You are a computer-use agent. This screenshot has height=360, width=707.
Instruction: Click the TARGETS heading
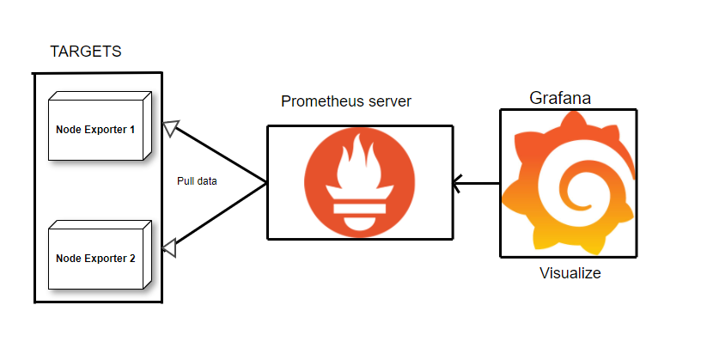[86, 52]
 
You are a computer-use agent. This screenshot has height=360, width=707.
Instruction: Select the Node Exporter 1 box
[95, 129]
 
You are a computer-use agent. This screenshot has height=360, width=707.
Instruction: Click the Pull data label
[197, 181]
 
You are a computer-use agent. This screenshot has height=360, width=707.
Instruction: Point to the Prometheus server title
[346, 101]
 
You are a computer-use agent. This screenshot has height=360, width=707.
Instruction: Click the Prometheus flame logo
[360, 181]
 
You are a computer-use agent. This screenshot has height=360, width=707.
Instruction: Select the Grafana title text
[560, 98]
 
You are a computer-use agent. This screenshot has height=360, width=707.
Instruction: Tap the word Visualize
[570, 274]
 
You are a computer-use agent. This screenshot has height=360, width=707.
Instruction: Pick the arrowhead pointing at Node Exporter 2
[171, 247]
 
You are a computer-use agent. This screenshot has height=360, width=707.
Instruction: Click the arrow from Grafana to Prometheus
[477, 182]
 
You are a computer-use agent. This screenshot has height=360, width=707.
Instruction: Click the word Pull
[184, 181]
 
